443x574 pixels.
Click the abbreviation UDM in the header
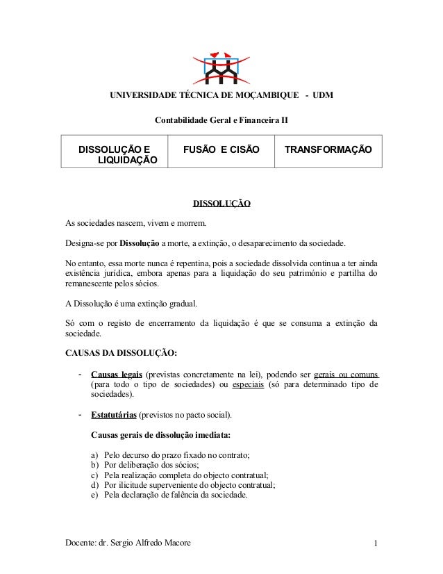coord(323,95)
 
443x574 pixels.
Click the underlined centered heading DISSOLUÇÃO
coord(221,204)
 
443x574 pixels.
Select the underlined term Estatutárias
coord(114,416)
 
